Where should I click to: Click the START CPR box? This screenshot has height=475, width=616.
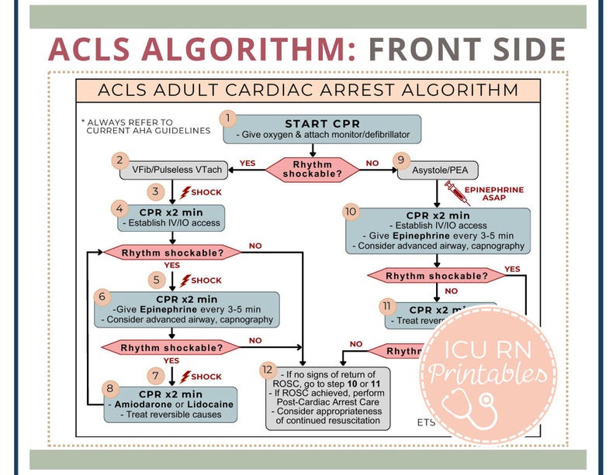click(x=322, y=129)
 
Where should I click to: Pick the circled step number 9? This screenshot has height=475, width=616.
click(x=400, y=160)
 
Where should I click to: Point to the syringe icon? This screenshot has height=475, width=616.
click(x=456, y=191)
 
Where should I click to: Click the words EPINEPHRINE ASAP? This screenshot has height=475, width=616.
click(x=494, y=194)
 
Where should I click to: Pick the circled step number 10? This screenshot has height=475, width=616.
click(x=351, y=211)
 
